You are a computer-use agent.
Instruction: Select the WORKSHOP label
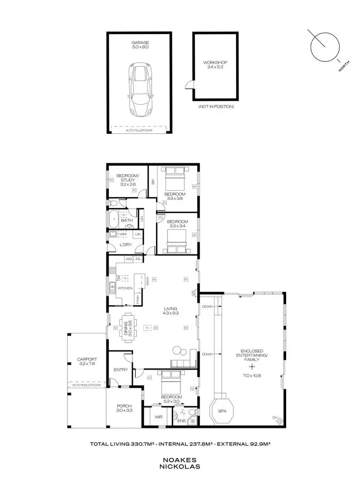pos(215,62)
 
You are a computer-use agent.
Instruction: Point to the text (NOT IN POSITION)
pos(216,106)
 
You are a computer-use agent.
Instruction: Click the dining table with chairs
pos(128,328)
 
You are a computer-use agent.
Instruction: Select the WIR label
pos(158,417)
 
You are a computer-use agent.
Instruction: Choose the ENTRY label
pos(120,370)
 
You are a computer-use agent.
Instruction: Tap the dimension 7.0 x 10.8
pos(252,375)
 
